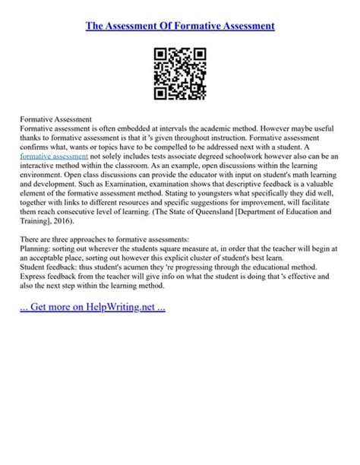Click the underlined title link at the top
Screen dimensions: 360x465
coord(180,26)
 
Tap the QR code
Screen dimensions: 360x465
coord(180,74)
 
